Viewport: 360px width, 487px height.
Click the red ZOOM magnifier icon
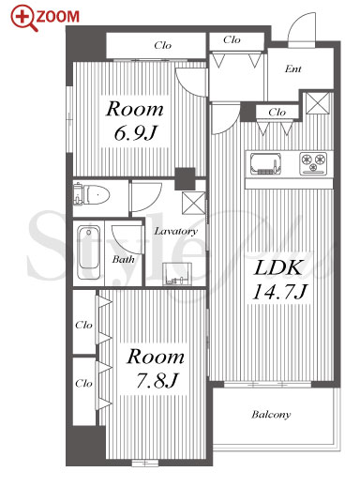point(23,18)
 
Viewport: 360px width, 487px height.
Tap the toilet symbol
point(91,195)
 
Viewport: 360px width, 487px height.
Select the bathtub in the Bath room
point(89,252)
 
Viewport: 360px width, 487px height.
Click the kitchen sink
point(265,163)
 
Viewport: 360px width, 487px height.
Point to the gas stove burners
point(313,163)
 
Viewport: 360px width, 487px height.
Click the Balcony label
point(271,415)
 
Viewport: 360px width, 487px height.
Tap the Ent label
point(293,68)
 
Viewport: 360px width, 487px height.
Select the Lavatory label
point(175,231)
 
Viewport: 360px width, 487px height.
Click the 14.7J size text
point(280,292)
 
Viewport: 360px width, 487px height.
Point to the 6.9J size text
point(135,133)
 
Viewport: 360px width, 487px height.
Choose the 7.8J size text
point(157,381)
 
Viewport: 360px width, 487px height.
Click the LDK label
point(277,268)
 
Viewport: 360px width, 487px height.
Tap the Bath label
point(123,259)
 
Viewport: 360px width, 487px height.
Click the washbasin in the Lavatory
point(177,274)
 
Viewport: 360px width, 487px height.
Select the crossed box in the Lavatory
point(193,204)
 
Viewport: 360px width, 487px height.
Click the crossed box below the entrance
point(318,103)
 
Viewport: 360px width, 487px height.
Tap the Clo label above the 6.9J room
point(163,45)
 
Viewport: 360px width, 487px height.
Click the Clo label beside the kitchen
point(277,112)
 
